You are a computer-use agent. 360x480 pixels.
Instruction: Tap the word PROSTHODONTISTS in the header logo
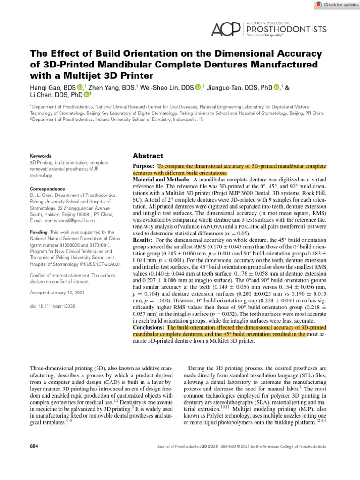click(286, 29)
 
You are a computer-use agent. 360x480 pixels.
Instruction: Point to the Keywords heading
click(41, 156)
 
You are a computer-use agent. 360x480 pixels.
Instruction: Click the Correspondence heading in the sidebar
click(48, 189)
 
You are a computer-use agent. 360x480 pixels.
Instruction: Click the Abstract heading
click(149, 156)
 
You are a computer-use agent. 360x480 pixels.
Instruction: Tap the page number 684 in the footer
click(34, 447)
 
